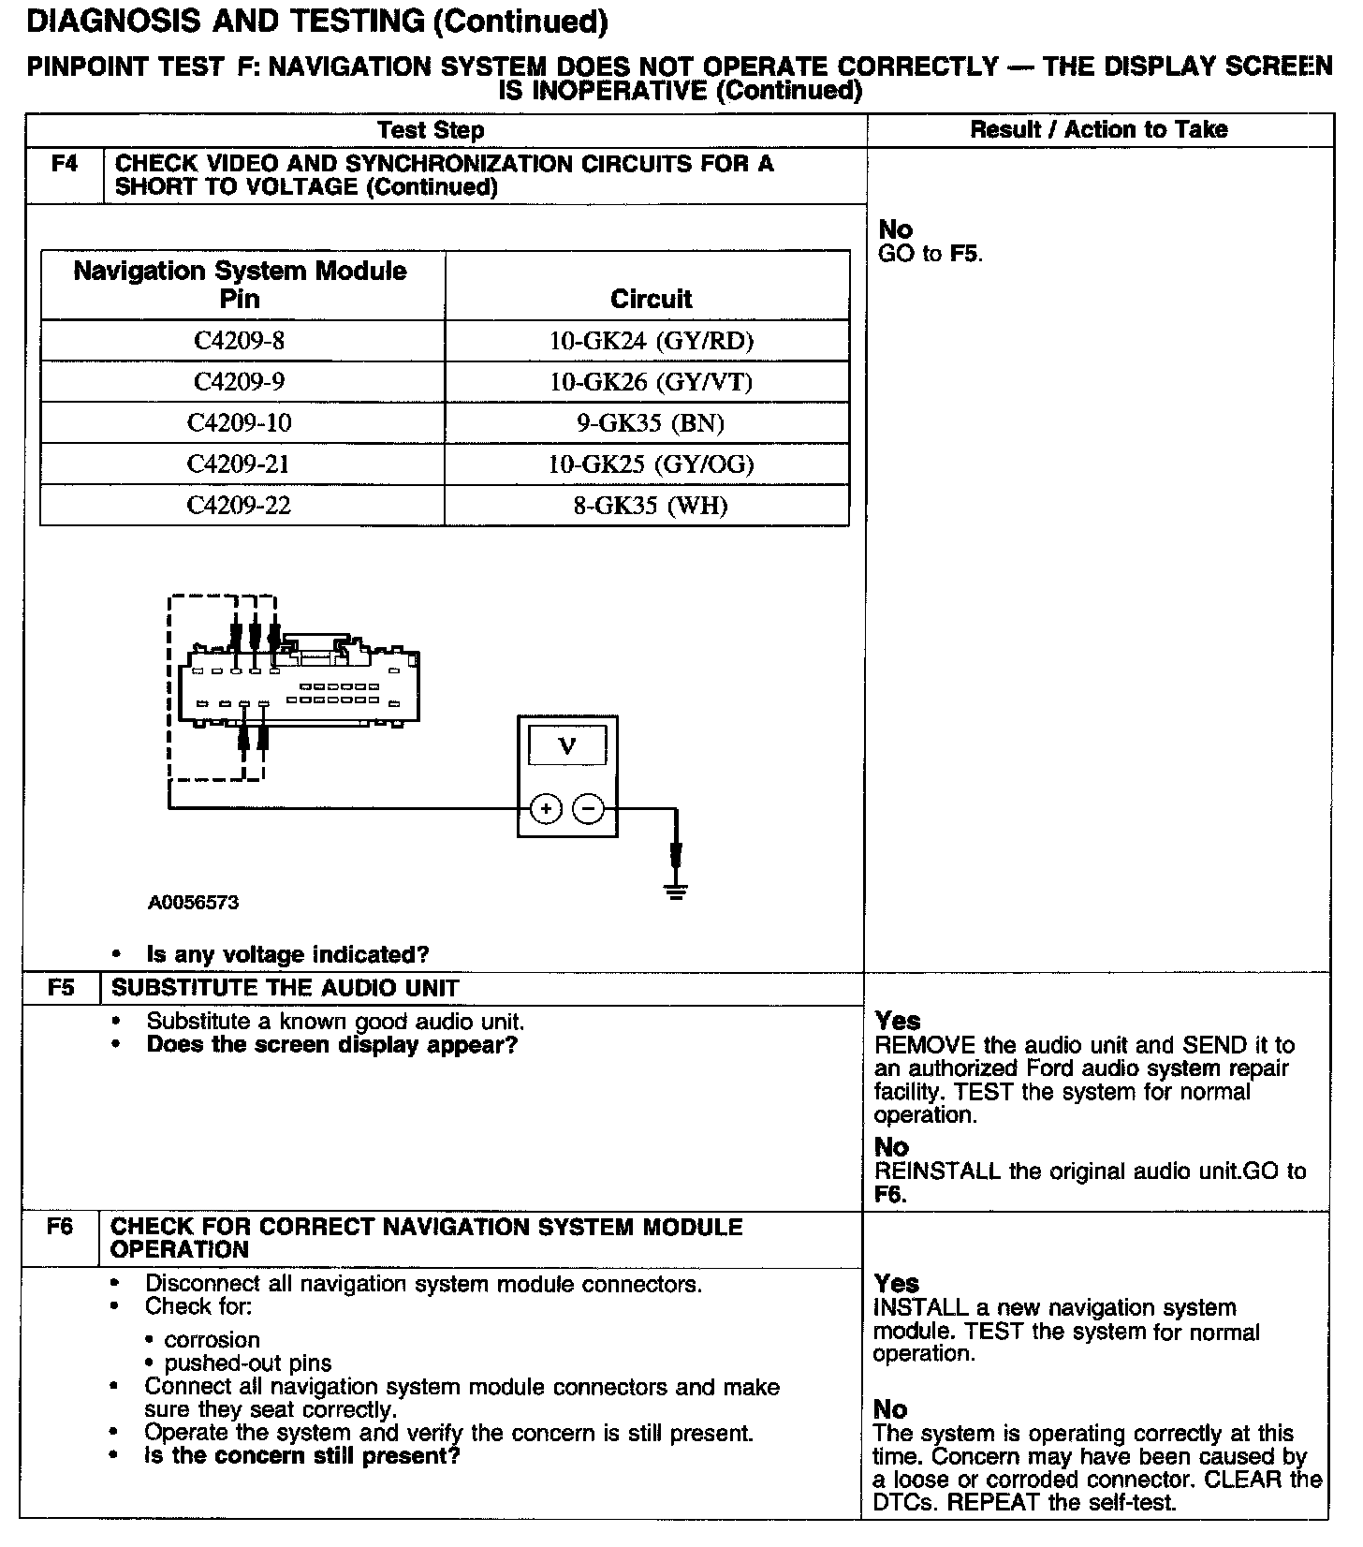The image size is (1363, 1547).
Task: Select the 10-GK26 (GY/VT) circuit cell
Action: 651,382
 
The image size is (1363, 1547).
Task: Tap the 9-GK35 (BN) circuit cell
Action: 651,423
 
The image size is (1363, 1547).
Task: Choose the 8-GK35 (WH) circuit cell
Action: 651,506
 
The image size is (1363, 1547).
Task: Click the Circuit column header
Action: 651,299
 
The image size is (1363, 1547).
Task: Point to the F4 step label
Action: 64,165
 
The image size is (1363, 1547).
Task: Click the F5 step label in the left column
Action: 61,988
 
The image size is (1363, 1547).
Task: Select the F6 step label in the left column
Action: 59,1227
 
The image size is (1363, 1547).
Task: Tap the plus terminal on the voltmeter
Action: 546,808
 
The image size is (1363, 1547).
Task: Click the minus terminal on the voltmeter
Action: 588,808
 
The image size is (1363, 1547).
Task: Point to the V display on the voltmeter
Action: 567,746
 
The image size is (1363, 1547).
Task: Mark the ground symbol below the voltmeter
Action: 676,890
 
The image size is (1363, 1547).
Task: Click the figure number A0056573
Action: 193,903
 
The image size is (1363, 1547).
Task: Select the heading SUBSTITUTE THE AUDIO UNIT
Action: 285,988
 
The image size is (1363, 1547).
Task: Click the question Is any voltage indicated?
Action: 287,955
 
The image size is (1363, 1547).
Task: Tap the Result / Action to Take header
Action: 1099,129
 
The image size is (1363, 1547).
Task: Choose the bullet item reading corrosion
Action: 212,1340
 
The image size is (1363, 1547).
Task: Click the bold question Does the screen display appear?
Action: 331,1045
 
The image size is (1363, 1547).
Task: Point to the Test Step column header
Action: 431,130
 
